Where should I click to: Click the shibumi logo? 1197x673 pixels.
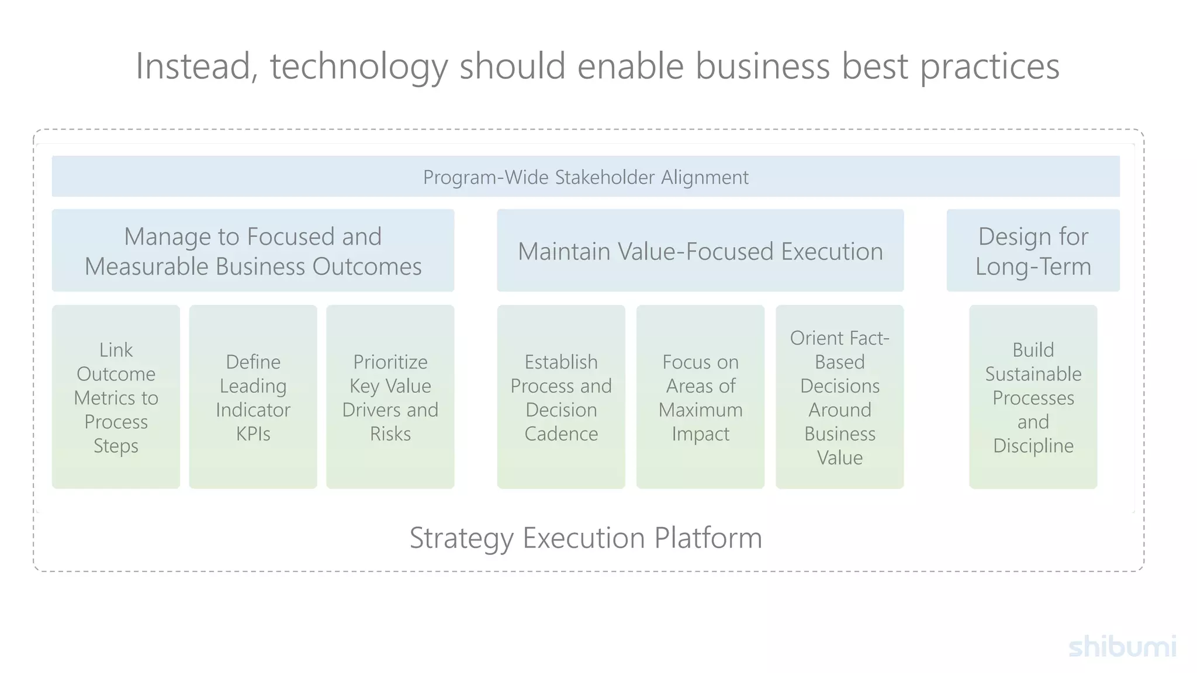click(x=1122, y=647)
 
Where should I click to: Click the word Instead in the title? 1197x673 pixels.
click(x=193, y=66)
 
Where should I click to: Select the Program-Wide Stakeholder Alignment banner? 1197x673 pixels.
click(x=586, y=176)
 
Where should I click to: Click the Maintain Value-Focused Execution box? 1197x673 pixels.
click(x=700, y=251)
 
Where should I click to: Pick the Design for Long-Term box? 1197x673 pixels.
click(x=1033, y=251)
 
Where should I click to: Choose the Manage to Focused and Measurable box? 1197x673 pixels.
click(x=252, y=251)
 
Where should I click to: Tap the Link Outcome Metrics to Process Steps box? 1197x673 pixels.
click(x=116, y=397)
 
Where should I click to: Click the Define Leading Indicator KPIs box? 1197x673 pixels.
click(x=252, y=397)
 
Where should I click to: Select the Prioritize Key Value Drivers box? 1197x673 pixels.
click(x=390, y=397)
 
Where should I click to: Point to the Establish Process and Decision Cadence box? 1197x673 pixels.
click(x=561, y=397)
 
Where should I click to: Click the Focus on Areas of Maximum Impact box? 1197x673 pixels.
click(x=700, y=397)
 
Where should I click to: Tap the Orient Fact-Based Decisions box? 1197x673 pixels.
click(x=839, y=397)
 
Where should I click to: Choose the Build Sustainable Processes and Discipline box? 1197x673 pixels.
click(x=1033, y=397)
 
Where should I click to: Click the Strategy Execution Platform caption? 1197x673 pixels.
click(x=586, y=537)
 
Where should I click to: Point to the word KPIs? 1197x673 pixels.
click(x=252, y=434)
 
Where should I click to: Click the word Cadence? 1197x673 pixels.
click(x=561, y=434)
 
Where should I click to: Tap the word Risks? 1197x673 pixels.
click(x=390, y=434)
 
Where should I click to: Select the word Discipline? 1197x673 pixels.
click(x=1033, y=446)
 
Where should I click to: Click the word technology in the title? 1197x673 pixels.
click(x=358, y=66)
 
